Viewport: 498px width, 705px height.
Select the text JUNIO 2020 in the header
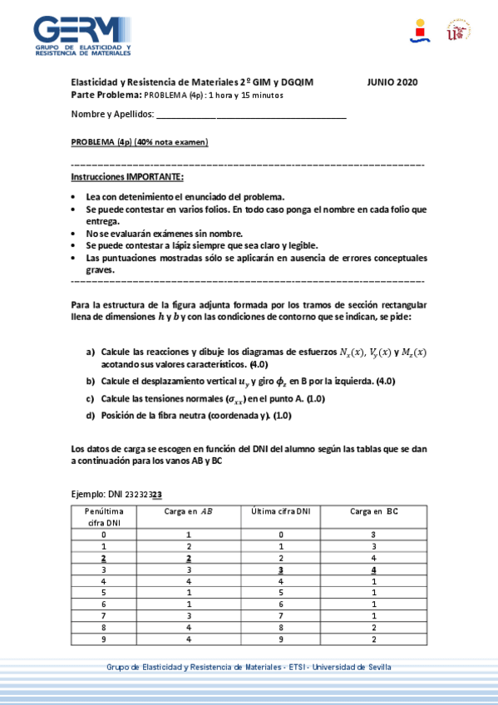point(392,82)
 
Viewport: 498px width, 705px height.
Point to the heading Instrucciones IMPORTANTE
point(127,178)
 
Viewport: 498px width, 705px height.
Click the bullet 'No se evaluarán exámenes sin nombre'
point(164,234)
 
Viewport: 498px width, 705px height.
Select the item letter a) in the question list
point(91,352)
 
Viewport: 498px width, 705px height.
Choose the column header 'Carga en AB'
point(189,511)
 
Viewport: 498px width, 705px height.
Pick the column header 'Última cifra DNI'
point(280,511)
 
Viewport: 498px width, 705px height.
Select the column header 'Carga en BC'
point(374,511)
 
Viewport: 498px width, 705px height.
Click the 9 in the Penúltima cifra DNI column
point(105,638)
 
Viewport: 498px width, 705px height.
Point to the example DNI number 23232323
point(141,493)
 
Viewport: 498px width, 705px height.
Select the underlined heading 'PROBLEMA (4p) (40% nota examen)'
point(140,142)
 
